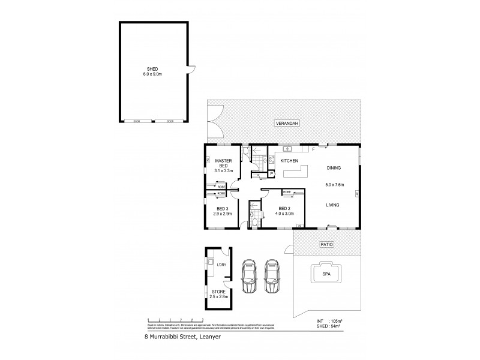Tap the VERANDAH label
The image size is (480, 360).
click(x=286, y=123)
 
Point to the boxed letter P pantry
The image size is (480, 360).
click(x=272, y=175)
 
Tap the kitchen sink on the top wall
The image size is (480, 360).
click(x=288, y=148)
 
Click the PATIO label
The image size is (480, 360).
click(x=325, y=245)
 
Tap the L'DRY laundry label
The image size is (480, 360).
click(x=221, y=265)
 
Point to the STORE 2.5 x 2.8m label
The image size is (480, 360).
click(x=219, y=296)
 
